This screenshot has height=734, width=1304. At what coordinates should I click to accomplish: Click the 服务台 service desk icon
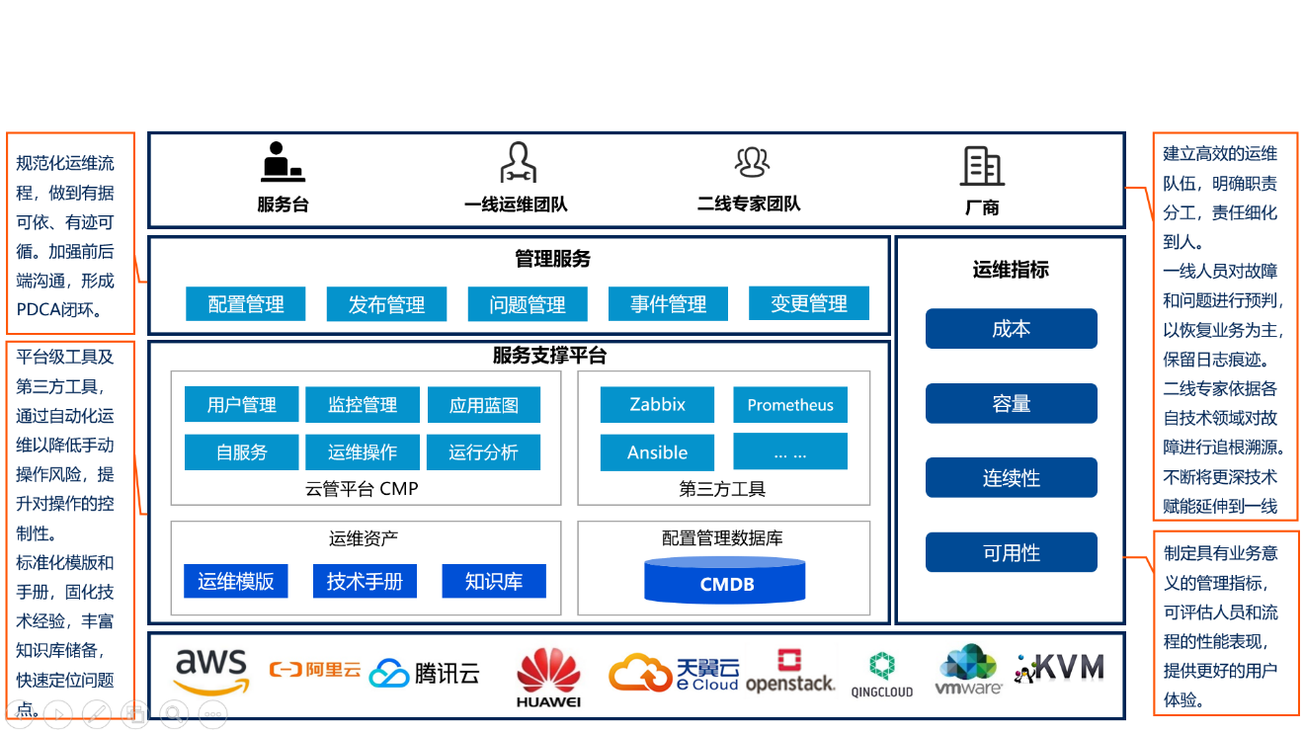(x=283, y=162)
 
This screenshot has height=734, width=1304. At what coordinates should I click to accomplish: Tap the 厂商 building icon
(x=982, y=166)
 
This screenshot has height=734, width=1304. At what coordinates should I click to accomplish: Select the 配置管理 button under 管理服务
(x=246, y=304)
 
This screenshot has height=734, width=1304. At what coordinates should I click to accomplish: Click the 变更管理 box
(x=809, y=303)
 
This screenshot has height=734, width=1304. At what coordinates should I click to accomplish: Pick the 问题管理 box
(x=528, y=304)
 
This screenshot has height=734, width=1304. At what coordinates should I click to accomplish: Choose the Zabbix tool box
(x=657, y=404)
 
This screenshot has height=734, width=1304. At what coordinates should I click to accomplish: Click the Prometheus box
(x=790, y=405)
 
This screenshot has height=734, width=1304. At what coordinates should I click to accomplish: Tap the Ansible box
(x=657, y=452)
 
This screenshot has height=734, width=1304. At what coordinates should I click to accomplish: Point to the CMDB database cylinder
(x=726, y=580)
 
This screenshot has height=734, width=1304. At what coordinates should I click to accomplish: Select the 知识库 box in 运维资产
(x=494, y=581)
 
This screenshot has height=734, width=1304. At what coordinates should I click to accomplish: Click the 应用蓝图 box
(x=484, y=405)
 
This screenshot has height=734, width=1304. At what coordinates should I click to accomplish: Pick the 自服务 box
(x=242, y=452)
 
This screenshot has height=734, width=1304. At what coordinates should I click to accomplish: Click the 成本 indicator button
(x=1011, y=329)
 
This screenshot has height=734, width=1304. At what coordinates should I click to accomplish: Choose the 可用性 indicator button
(x=1011, y=552)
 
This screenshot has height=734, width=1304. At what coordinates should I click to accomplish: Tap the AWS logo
(x=210, y=672)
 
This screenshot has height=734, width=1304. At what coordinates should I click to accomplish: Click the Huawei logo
(x=548, y=676)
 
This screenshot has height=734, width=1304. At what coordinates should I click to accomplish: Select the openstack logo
(x=789, y=672)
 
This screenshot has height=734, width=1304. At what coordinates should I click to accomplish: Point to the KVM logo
(x=1059, y=668)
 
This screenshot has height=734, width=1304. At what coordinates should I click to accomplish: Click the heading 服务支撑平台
(x=549, y=356)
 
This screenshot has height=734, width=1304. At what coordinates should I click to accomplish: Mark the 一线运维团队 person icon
(x=517, y=163)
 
